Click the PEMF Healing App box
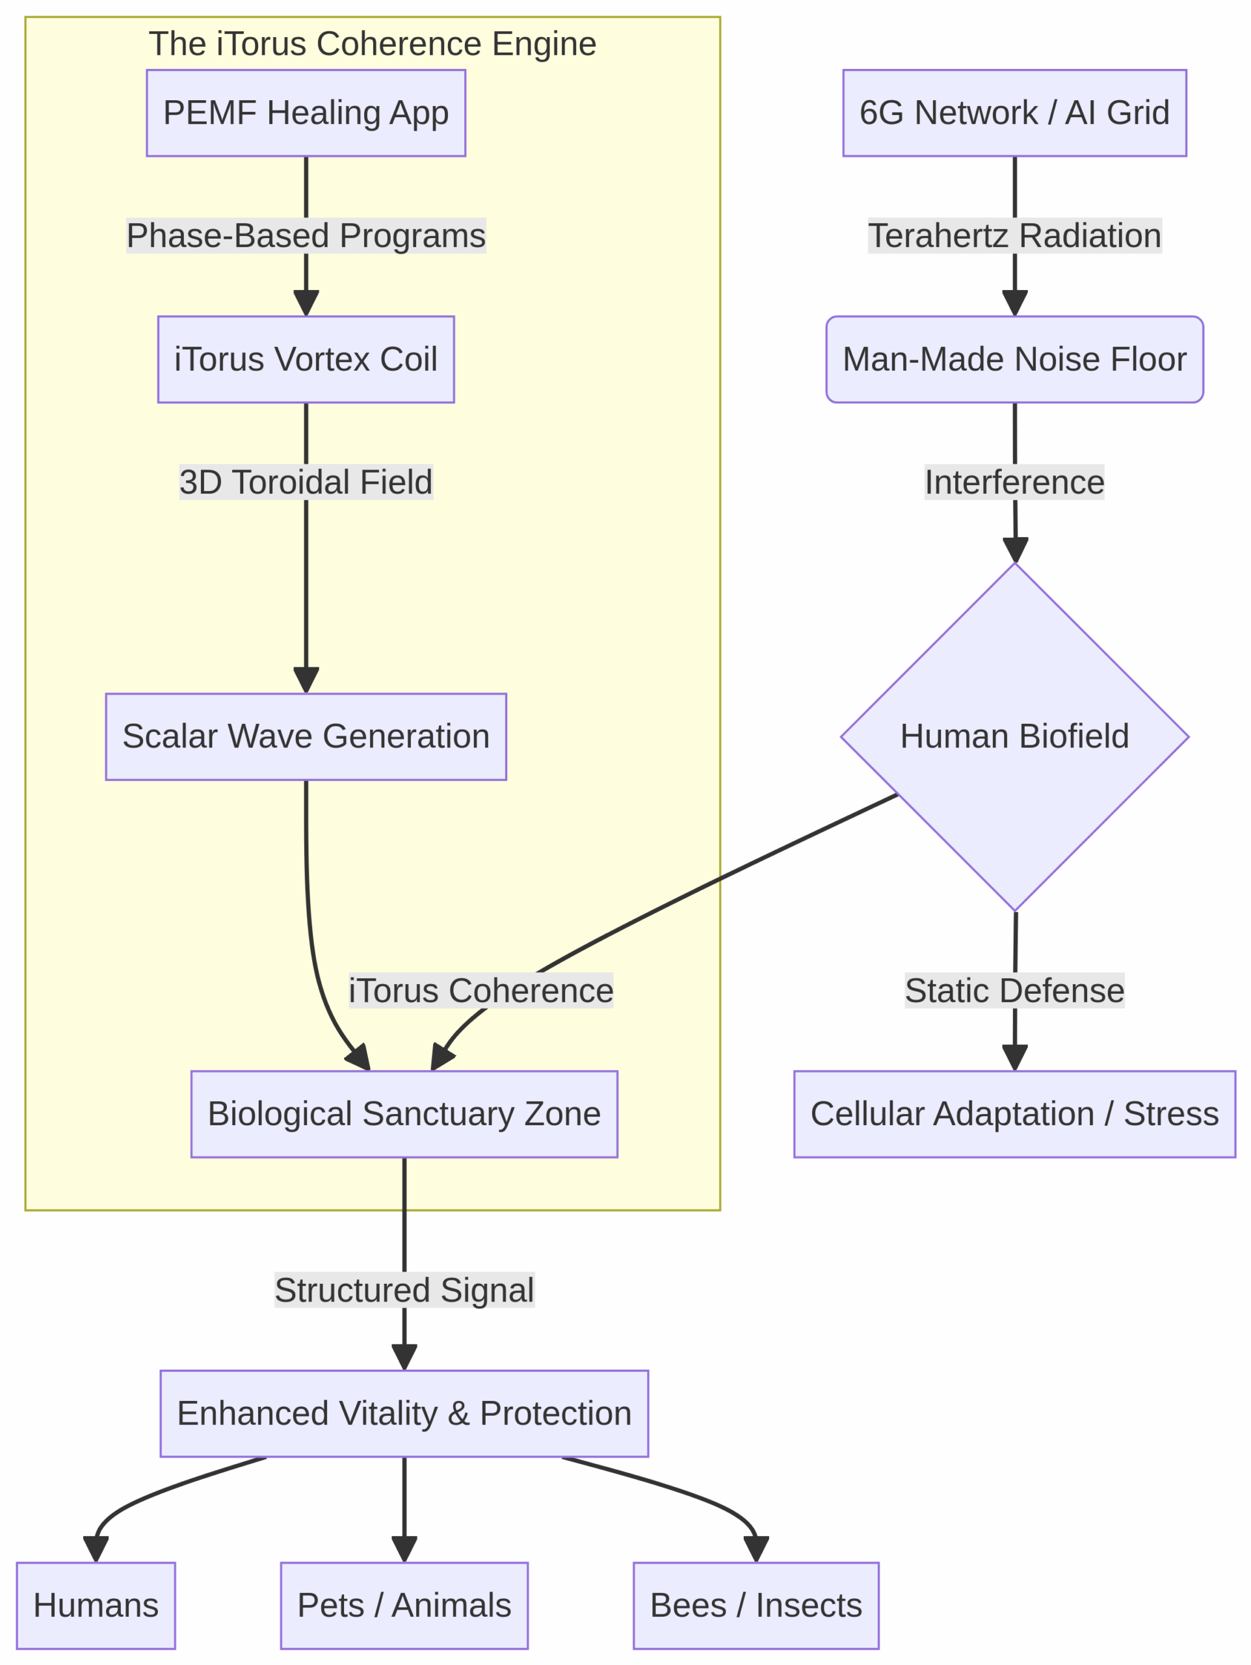click(x=306, y=113)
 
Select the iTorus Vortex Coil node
click(x=306, y=359)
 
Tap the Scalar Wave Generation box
click(x=306, y=736)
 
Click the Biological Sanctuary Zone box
click(x=404, y=1113)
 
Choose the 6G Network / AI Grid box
click(x=1014, y=113)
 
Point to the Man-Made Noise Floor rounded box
click(x=1014, y=359)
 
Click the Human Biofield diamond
click(x=1014, y=736)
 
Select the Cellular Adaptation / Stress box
click(x=1014, y=1113)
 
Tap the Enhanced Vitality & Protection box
click(x=404, y=1413)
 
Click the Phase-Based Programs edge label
click(x=306, y=235)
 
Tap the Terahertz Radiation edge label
click(x=1014, y=235)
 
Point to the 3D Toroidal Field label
click(x=306, y=482)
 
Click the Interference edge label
click(x=1014, y=482)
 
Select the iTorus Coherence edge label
click(x=481, y=990)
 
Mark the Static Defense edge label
click(x=1014, y=990)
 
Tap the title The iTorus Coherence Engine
click(x=372, y=44)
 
